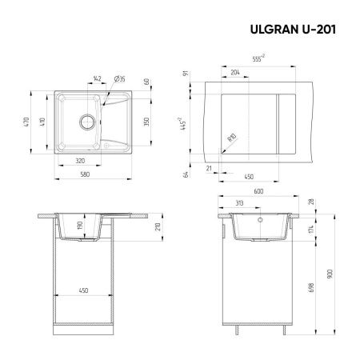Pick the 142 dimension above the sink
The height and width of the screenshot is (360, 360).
coord(97,78)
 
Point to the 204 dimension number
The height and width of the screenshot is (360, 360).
coord(234,72)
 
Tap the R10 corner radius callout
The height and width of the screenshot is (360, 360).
coord(232,139)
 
